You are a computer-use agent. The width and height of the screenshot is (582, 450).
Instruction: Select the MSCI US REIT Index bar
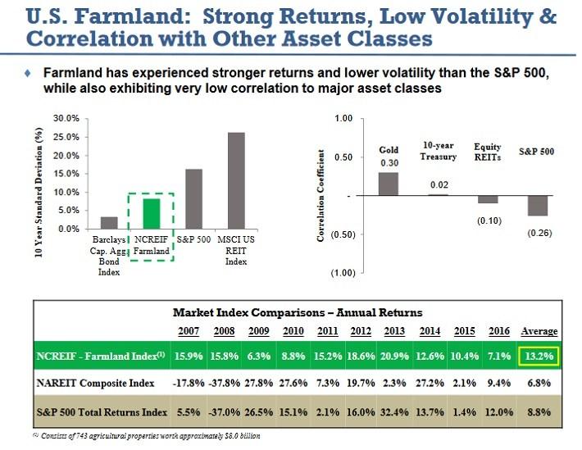(236, 180)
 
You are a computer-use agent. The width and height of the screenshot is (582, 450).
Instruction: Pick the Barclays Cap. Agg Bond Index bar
(109, 222)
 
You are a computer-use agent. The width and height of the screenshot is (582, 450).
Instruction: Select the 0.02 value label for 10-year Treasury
(439, 185)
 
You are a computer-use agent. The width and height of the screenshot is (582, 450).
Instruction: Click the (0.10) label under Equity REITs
(488, 219)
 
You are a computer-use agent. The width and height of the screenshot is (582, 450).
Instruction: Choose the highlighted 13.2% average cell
(539, 355)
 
